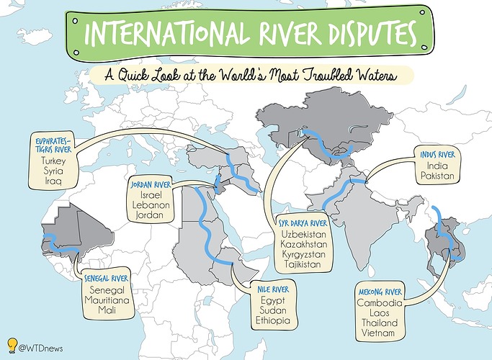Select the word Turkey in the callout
coord(54,161)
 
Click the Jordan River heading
coord(151,185)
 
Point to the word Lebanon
coord(151,205)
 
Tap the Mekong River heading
coord(381,292)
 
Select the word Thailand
coord(382,323)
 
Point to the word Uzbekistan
coord(303,235)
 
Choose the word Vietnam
coord(382,334)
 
